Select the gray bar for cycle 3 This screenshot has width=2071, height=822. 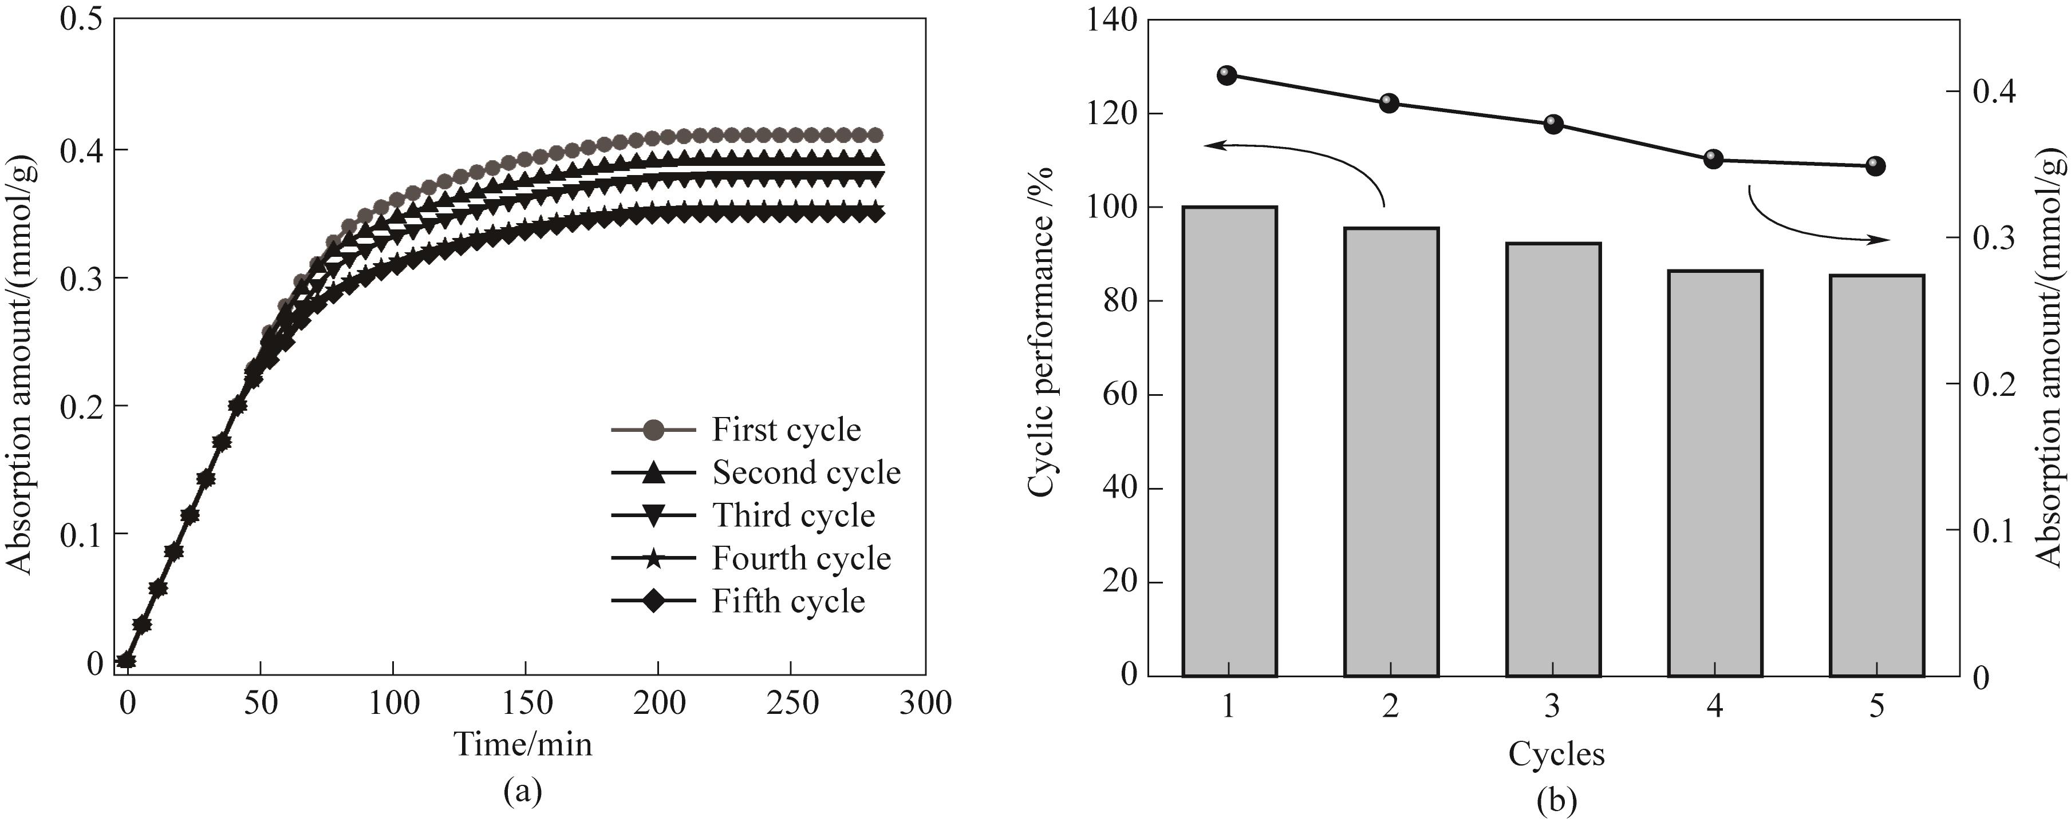(x=1553, y=459)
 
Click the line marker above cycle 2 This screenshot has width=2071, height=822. (x=1389, y=103)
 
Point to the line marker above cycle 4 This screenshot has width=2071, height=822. (x=1713, y=158)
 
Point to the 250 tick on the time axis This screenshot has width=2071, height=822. (x=791, y=703)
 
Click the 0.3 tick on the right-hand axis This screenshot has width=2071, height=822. (x=1994, y=239)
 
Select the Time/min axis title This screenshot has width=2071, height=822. (x=523, y=744)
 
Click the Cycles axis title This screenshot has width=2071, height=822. (x=1556, y=754)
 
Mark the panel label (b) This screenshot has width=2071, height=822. (x=1556, y=800)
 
